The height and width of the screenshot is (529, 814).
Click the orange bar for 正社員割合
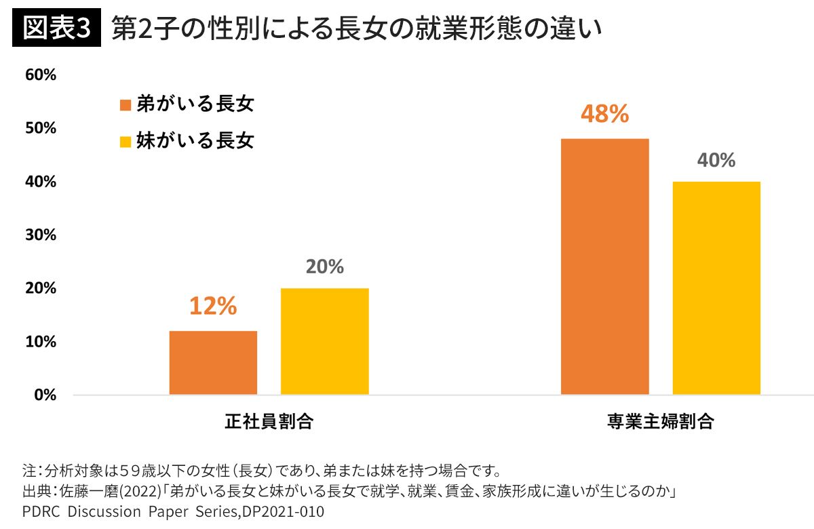pyautogui.click(x=213, y=362)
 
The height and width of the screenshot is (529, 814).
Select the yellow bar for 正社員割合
pyautogui.click(x=324, y=341)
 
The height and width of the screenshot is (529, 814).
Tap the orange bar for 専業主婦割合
pyautogui.click(x=604, y=267)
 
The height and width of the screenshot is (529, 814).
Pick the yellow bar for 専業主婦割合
pyautogui.click(x=716, y=288)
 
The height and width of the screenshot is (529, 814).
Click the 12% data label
pyautogui.click(x=213, y=307)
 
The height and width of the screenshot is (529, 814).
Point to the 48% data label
pyautogui.click(x=604, y=114)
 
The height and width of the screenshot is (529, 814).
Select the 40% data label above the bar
pyautogui.click(x=716, y=160)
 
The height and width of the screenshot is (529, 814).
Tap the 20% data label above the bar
pyautogui.click(x=324, y=267)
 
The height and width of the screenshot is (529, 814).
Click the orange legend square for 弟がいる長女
pyautogui.click(x=125, y=105)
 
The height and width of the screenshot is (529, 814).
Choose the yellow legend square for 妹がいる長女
pyautogui.click(x=125, y=142)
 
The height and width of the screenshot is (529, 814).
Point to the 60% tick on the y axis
pyautogui.click(x=41, y=75)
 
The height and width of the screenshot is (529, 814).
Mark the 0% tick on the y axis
pyautogui.click(x=45, y=395)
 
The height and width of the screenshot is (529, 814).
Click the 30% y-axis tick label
pyautogui.click(x=41, y=235)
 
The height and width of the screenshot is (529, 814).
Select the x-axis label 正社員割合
pyautogui.click(x=269, y=421)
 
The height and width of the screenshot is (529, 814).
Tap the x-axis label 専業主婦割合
pyautogui.click(x=660, y=421)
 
